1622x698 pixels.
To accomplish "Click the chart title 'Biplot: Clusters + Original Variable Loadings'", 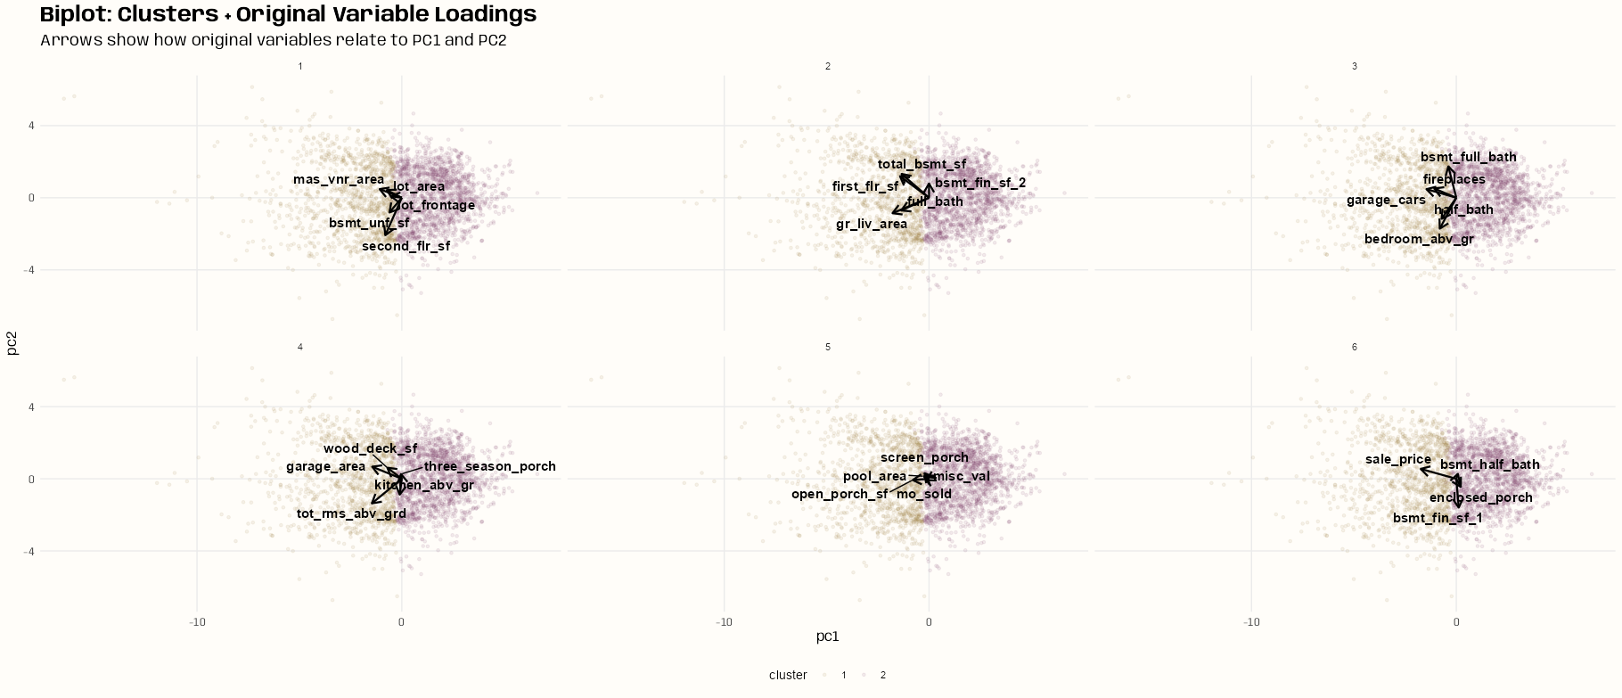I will click(288, 14).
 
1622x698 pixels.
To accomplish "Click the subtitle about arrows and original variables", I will click(273, 40).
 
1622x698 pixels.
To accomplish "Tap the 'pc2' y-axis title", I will click(12, 342).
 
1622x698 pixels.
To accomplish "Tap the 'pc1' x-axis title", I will click(827, 636).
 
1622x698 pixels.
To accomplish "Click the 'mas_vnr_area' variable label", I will click(339, 180).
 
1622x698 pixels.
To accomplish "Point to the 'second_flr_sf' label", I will click(405, 246).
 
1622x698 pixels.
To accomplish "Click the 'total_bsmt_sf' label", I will click(922, 164).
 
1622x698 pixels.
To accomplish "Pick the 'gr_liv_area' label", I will click(871, 225).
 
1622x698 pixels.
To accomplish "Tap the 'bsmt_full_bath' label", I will click(1468, 157).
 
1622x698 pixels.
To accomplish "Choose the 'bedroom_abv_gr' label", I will click(1419, 239).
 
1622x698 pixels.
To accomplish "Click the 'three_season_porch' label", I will click(489, 466).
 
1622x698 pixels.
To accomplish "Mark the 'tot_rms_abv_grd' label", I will click(351, 513).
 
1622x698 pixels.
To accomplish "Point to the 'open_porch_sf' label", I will click(839, 494).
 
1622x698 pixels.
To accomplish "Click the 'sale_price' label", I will click(1397, 460).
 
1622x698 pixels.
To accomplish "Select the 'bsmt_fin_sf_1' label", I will click(1438, 518).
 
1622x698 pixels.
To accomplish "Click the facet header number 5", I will click(828, 347).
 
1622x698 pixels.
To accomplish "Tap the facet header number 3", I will click(1355, 66).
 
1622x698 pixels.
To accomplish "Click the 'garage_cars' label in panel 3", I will click(1386, 201).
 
